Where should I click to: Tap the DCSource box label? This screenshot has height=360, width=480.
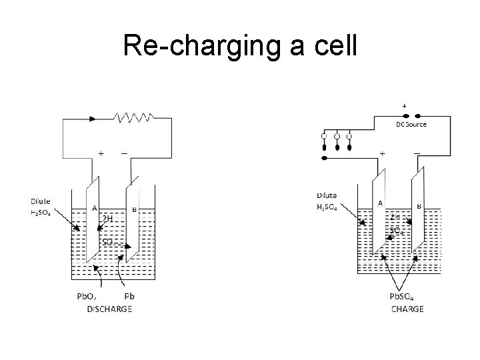point(411,124)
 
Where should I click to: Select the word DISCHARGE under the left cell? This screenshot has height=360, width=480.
point(109,308)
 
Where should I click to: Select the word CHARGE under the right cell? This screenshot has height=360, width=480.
point(407,308)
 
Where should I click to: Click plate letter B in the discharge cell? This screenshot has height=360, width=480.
point(135,209)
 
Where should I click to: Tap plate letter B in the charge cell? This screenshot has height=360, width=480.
point(419,207)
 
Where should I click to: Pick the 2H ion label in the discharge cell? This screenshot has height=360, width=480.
point(107,219)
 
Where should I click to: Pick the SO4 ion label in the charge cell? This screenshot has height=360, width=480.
point(396,230)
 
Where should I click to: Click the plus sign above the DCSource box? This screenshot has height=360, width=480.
point(403,106)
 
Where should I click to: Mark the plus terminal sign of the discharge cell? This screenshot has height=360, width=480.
point(101,153)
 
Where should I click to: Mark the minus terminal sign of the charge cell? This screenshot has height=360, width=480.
point(417,153)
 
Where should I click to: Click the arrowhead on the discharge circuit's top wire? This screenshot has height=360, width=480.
point(92,119)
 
